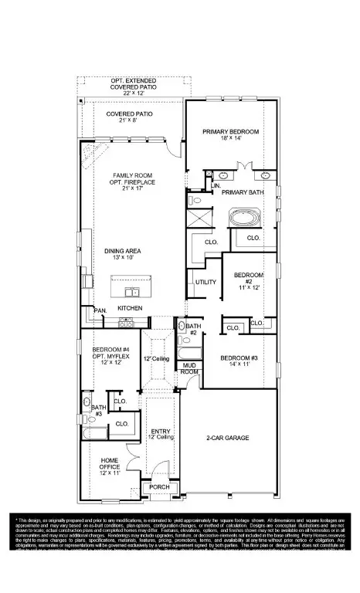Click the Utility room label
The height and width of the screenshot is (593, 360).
point(205,282)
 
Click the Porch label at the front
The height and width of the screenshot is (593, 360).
point(158,486)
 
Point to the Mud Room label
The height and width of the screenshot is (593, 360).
point(189,368)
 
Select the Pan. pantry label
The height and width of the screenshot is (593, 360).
point(100,310)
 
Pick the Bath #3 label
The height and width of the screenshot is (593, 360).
point(97,410)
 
